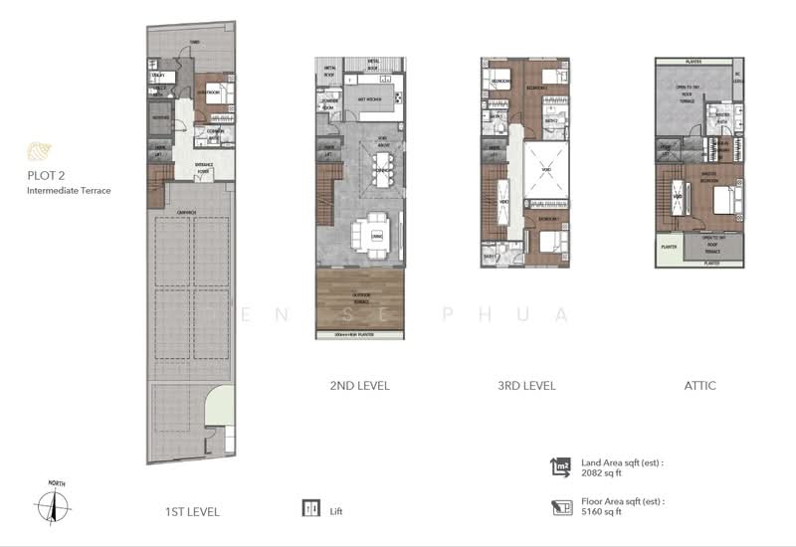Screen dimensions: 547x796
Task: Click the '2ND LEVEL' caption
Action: pyautogui.click(x=359, y=386)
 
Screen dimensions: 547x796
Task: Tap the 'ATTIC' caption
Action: pyautogui.click(x=700, y=386)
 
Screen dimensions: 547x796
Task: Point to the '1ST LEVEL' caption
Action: pyautogui.click(x=192, y=512)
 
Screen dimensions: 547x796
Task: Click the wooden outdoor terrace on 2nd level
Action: pyautogui.click(x=360, y=298)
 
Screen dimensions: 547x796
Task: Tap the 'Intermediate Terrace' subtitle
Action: pyautogui.click(x=69, y=190)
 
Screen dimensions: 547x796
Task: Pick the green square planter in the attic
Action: pyautogui.click(x=669, y=250)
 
